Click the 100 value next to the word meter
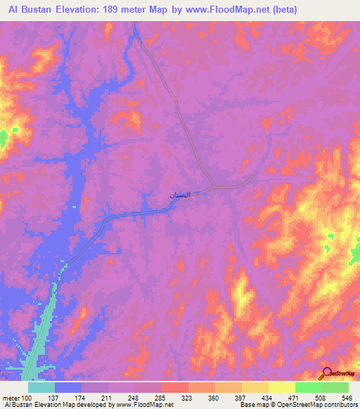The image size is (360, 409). coord(27,398)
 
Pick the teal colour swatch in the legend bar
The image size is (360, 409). coord(41,388)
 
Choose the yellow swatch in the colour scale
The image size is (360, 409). coord(281,388)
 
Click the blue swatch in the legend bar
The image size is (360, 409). coord(68,388)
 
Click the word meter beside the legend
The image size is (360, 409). coord(10,398)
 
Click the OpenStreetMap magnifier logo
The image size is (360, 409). coord(326,373)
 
